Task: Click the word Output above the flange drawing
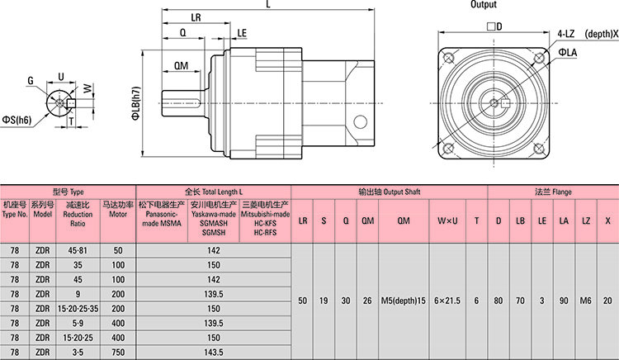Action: (x=484, y=5)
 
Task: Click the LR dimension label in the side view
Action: (x=196, y=17)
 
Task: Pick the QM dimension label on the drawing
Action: (x=182, y=66)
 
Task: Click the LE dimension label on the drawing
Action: (x=241, y=34)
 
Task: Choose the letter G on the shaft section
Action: (x=31, y=81)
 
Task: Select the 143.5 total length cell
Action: (x=214, y=352)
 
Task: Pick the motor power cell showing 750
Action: (x=117, y=352)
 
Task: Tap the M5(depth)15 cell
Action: (x=404, y=301)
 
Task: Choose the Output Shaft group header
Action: (x=390, y=191)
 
